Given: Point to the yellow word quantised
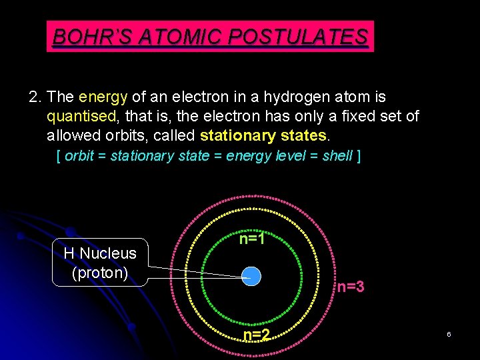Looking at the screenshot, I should [81, 117].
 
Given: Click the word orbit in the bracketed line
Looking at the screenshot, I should [79, 156].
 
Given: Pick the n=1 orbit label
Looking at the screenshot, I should [253, 238].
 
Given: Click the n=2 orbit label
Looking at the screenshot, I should [256, 335].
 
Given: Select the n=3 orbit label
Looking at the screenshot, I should [350, 287].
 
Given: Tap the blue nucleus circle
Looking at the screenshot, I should [251, 275].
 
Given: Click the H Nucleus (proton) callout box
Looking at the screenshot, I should [100, 263].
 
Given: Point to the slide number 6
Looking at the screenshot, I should [449, 333].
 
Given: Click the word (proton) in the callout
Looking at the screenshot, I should [99, 273].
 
